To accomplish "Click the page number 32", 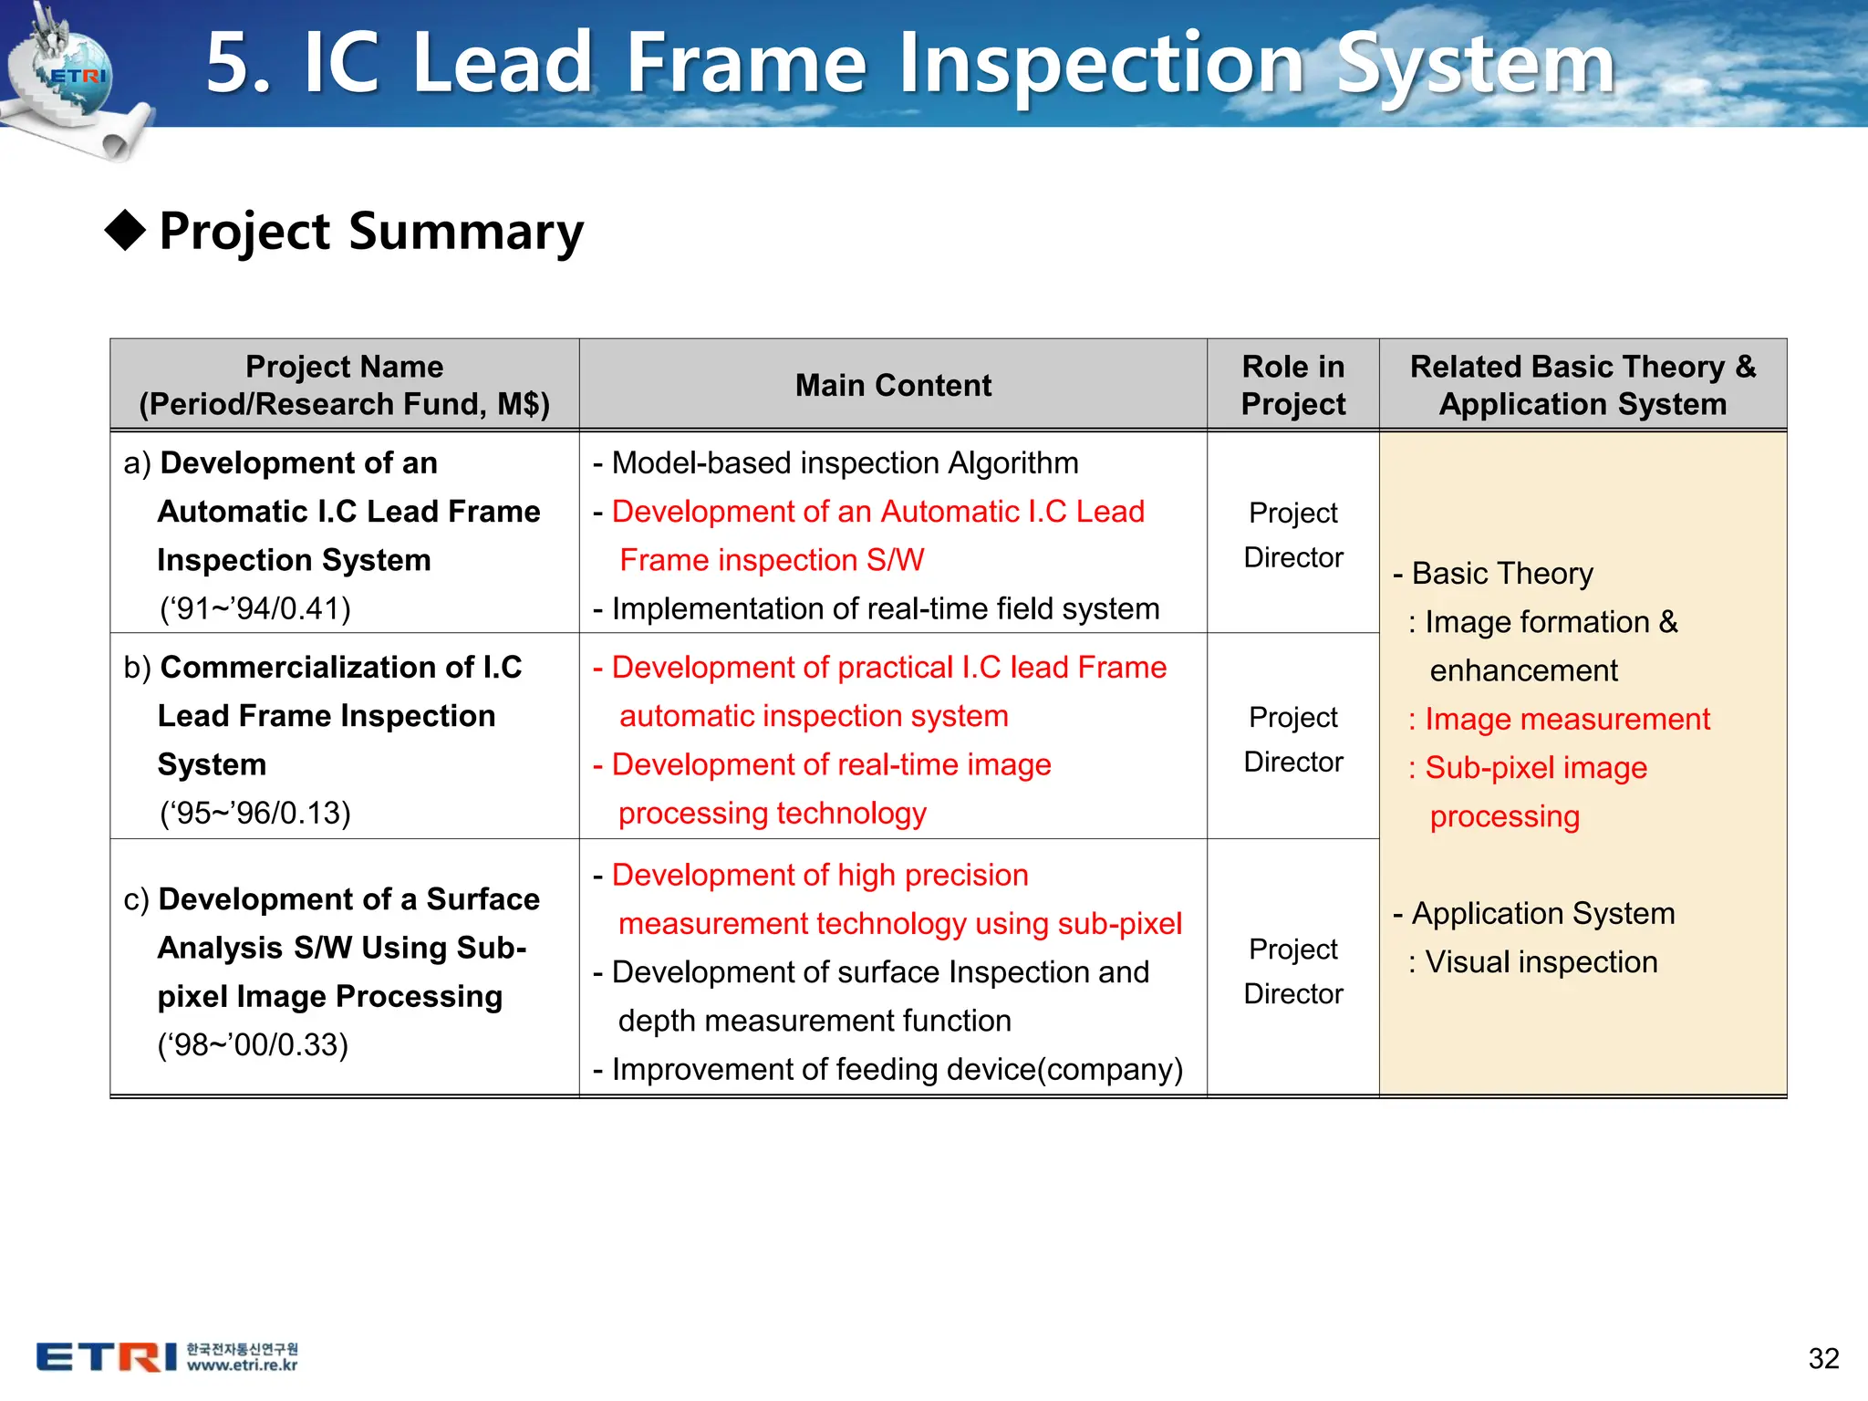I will pyautogui.click(x=1823, y=1358).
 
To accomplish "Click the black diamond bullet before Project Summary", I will pyautogui.click(x=126, y=230).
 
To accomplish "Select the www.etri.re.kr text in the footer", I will pyautogui.click(x=242, y=1365).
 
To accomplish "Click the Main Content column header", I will pyautogui.click(x=893, y=385).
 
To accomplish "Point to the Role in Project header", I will pyautogui.click(x=1292, y=385).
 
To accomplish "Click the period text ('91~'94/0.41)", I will pyautogui.click(x=255, y=608).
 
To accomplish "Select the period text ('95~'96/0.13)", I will pyautogui.click(x=255, y=813).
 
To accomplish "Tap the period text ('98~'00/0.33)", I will pyautogui.click(x=253, y=1044).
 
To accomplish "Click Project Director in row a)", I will pyautogui.click(x=1292, y=534).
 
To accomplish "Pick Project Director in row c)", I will pyautogui.click(x=1292, y=970).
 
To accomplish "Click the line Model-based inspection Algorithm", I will pyautogui.click(x=844, y=463).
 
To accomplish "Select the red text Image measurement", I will pyautogui.click(x=1566, y=720).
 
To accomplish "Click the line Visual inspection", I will pyautogui.click(x=1541, y=962).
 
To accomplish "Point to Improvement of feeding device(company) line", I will pyautogui.click(x=896, y=1069).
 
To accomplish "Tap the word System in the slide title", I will pyautogui.click(x=1475, y=64).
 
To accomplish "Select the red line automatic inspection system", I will pyautogui.click(x=814, y=716).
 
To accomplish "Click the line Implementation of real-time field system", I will pyautogui.click(x=885, y=608).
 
